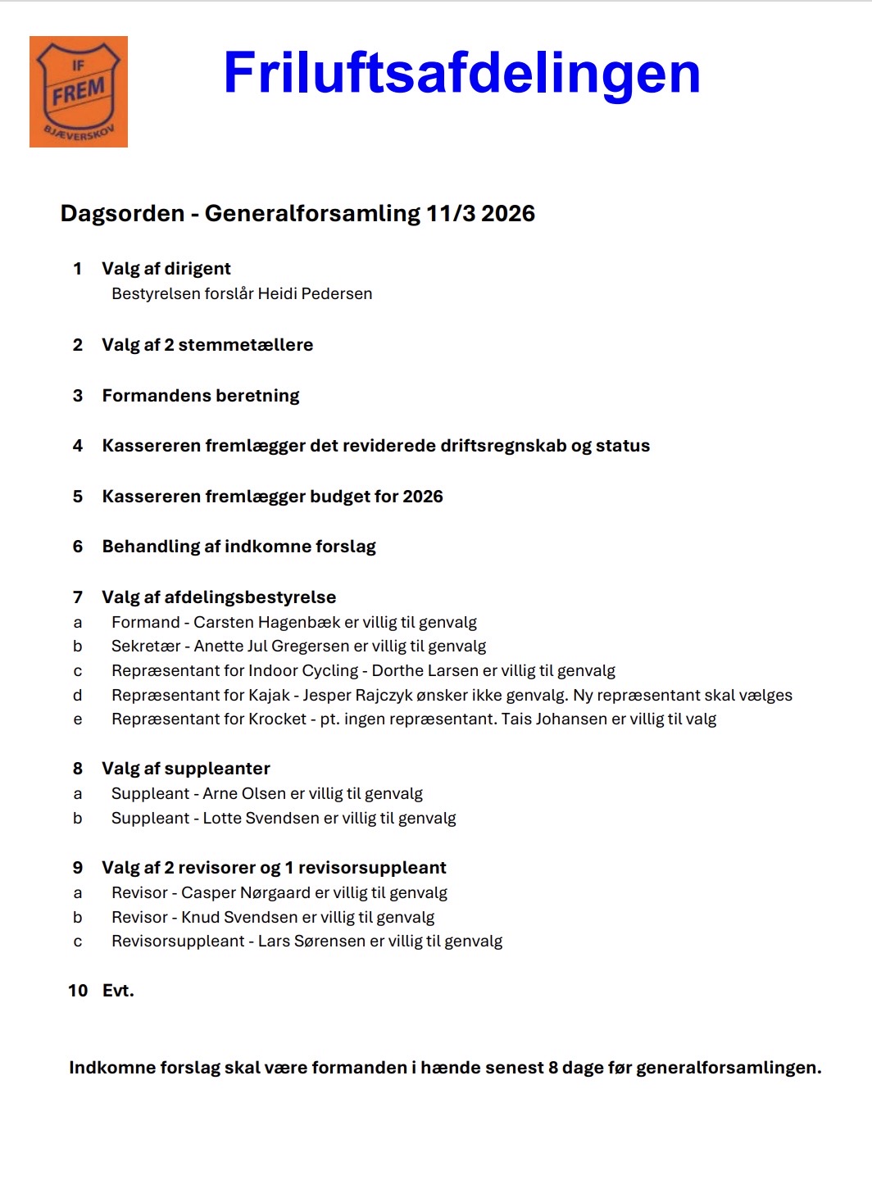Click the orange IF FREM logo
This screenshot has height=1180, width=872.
click(x=79, y=92)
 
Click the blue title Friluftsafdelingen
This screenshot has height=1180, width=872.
click(x=461, y=74)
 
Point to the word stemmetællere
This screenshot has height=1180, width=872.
click(x=245, y=345)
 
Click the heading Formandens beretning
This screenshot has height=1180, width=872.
click(x=201, y=396)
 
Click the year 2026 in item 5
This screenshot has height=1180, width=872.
click(x=423, y=497)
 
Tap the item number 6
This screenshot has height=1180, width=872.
click(x=78, y=547)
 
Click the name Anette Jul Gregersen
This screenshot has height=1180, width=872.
click(x=272, y=647)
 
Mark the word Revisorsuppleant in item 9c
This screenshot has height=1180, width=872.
click(x=178, y=942)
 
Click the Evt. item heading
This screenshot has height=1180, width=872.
click(x=118, y=991)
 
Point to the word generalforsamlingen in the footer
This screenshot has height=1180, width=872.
click(x=728, y=1069)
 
